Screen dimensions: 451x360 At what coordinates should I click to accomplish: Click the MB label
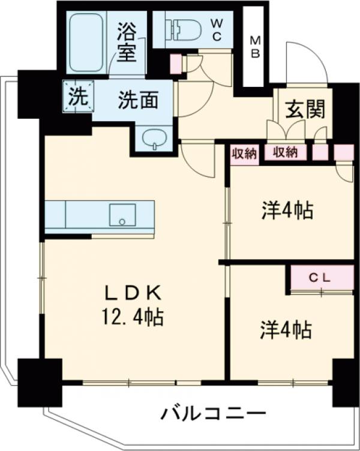pos(256,47)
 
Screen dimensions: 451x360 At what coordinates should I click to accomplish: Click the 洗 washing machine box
pos(77,97)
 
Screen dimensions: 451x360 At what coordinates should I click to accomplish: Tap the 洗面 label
pos(137,100)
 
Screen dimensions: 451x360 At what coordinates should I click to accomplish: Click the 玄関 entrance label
pos(305,109)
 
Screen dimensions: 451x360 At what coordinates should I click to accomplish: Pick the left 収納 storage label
pos(244,153)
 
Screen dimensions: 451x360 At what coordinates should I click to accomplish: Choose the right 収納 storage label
pos(286,153)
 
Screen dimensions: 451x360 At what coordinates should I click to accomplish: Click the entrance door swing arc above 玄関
pos(307,65)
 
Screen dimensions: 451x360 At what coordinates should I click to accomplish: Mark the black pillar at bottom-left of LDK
pos(40,381)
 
